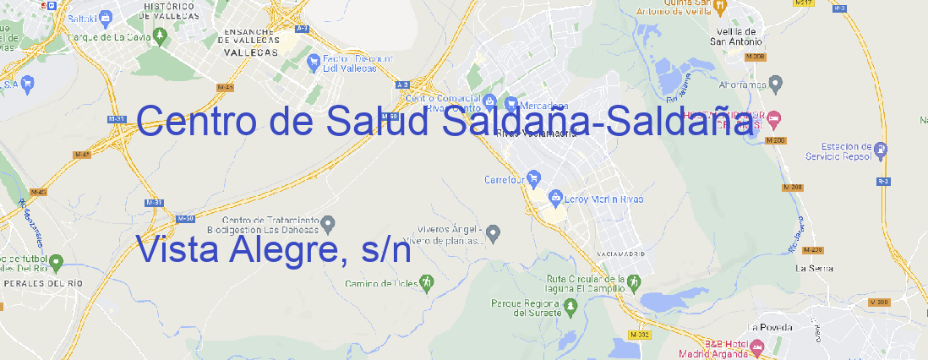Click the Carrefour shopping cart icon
coord(535,178)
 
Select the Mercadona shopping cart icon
coord(511,104)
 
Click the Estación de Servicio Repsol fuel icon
coord(881,150)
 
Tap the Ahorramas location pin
coord(777,84)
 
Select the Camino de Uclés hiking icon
coord(427,281)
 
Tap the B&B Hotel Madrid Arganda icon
coord(757,346)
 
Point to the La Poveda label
coord(770,327)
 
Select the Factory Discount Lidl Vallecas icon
coord(314,61)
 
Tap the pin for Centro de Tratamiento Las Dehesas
coord(330,223)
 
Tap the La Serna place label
coord(815,268)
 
